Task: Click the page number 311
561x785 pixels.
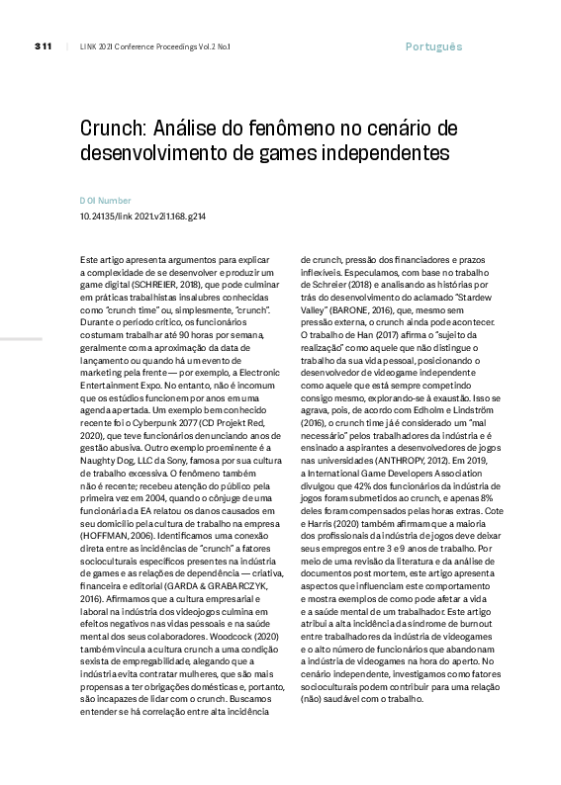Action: pos(43,46)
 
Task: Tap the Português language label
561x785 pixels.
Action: pos(433,46)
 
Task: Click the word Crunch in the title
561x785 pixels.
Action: pos(114,131)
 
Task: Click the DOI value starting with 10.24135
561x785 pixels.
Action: pos(142,217)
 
